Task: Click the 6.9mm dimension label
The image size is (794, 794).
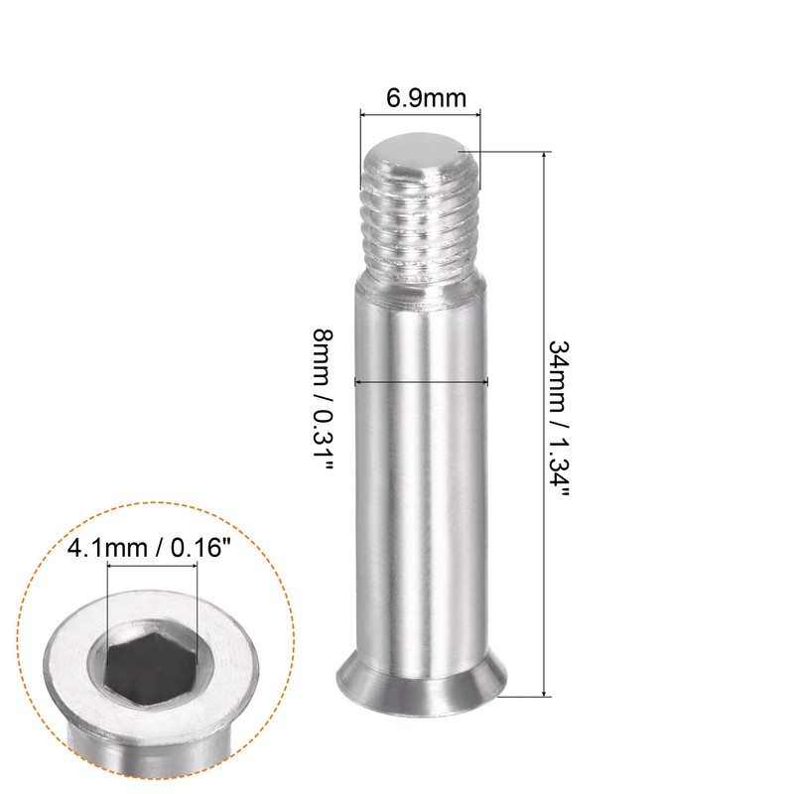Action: [419, 99]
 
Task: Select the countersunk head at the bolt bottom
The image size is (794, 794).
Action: [421, 683]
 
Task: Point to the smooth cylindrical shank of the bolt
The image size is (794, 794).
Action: [421, 476]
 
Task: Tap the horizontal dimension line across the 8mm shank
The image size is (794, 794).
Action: [421, 380]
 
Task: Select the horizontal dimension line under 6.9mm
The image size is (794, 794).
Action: [419, 115]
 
